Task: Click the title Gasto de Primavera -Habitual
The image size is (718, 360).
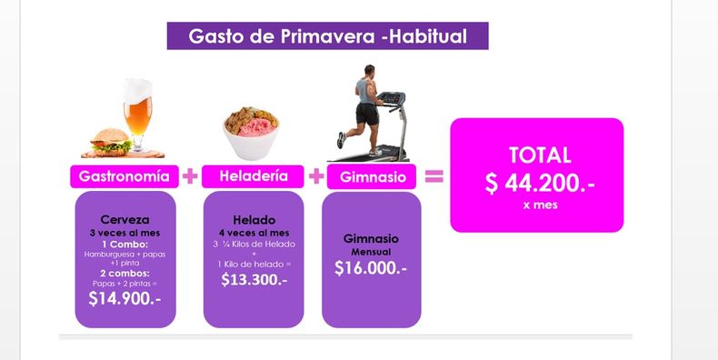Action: click(x=327, y=36)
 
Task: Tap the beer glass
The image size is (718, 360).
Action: click(x=138, y=115)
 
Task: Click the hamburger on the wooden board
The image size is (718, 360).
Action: click(x=111, y=142)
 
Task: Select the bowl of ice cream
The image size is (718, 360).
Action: click(x=251, y=133)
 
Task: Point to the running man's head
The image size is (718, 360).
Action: click(x=370, y=71)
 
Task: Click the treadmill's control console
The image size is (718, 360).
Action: click(x=391, y=98)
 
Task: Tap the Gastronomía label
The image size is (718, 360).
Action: click(x=125, y=176)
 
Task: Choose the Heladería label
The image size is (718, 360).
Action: click(x=253, y=176)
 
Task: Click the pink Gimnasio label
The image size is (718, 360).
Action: click(x=372, y=176)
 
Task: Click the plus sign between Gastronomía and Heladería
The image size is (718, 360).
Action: click(x=190, y=176)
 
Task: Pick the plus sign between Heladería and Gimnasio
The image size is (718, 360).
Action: click(x=316, y=176)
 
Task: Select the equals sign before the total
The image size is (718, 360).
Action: click(x=434, y=176)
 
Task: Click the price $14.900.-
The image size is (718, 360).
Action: click(x=125, y=298)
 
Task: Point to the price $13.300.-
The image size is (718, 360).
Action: click(x=254, y=279)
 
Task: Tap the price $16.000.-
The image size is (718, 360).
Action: click(x=371, y=268)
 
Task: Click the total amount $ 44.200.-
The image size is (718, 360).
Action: click(x=540, y=184)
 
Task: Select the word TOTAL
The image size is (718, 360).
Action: click(x=540, y=155)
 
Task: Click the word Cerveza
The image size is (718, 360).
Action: click(x=125, y=220)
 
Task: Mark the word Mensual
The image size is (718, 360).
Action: click(x=371, y=252)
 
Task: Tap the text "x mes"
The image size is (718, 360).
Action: click(x=541, y=205)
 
